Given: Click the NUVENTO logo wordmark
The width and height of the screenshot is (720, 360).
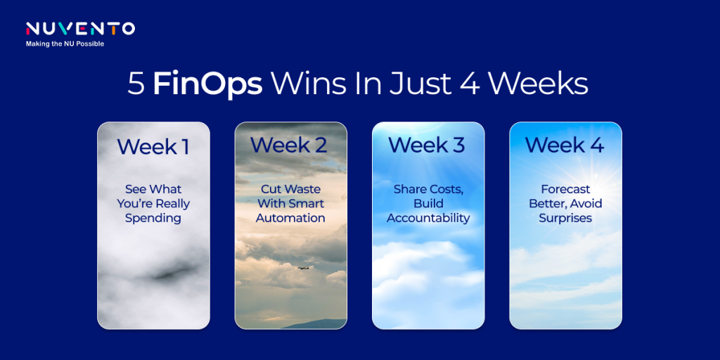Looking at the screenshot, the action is pos(80,28).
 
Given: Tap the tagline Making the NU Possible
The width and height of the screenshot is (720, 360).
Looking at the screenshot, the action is pos(65,44).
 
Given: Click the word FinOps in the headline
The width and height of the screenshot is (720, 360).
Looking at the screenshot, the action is pos(207,85).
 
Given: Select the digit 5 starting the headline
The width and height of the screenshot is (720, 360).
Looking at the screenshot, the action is pos(136,85).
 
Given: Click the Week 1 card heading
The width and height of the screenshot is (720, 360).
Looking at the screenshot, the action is pos(153,146).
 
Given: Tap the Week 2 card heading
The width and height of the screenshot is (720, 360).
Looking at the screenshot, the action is pos(289,145).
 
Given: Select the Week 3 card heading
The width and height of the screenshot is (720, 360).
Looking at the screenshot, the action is pos(427,145).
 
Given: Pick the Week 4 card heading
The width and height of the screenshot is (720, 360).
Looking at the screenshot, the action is pos(565,145).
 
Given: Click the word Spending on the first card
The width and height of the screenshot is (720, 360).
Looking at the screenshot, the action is pos(153,218).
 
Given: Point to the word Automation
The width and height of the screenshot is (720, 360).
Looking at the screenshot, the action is pos(290,218).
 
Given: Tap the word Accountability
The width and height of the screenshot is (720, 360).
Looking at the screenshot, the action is pos(428,218).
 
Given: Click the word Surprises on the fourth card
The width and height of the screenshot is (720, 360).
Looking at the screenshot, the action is pos(565,218).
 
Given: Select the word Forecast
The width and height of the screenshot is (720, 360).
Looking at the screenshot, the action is pos(565,188).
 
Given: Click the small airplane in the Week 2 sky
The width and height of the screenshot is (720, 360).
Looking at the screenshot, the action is pos(303,267).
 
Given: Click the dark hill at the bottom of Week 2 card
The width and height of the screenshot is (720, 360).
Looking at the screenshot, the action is pos(317,323).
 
